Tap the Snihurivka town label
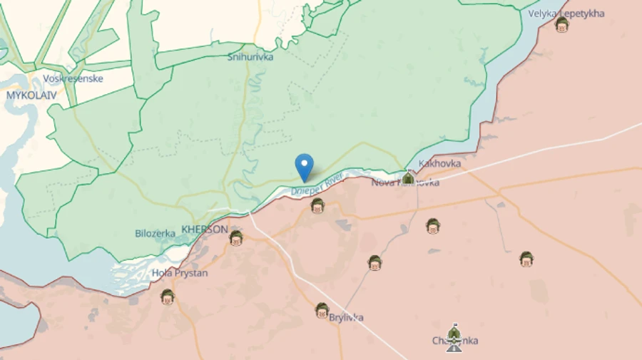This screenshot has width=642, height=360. point(250,57)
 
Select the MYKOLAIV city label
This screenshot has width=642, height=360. point(31,94)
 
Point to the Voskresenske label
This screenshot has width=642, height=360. point(73,78)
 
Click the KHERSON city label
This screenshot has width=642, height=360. point(205,230)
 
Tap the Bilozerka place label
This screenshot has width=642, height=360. point(156,233)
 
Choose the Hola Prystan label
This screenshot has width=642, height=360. point(180,272)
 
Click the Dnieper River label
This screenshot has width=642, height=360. point(317,184)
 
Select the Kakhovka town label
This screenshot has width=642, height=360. point(439,163)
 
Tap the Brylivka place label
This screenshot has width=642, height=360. point(346,317)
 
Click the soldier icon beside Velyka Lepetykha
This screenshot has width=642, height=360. point(562,26)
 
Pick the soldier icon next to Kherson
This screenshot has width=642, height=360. point(236,238)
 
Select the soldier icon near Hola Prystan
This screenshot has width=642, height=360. point(168,296)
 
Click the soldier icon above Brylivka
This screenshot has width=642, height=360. point(322,310)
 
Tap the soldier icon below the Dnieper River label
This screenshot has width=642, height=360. point(317,206)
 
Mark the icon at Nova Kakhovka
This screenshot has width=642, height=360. point(408,178)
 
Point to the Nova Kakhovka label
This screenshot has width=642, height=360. point(404,183)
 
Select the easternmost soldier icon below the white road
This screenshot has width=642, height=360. point(526,259)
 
